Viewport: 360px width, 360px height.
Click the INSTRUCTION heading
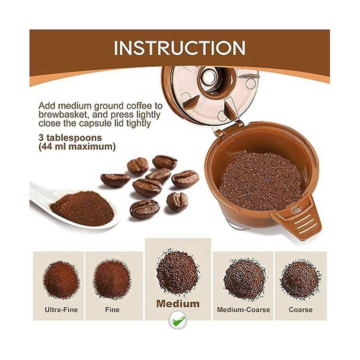click(180, 48)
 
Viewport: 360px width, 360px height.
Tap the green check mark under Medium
click(178, 319)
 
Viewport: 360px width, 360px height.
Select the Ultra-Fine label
click(61, 310)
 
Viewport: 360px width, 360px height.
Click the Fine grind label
click(112, 310)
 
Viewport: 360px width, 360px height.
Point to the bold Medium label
click(178, 304)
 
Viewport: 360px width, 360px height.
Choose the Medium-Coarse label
click(243, 310)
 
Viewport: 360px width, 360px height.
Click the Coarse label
click(300, 310)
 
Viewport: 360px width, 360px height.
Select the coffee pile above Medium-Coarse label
click(244, 278)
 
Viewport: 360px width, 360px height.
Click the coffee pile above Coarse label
click(300, 279)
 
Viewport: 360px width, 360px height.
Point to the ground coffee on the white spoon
click(82, 208)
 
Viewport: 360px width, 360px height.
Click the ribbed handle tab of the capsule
click(298, 218)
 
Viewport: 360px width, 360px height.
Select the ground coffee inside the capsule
click(261, 181)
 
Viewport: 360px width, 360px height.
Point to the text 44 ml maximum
click(77, 146)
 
